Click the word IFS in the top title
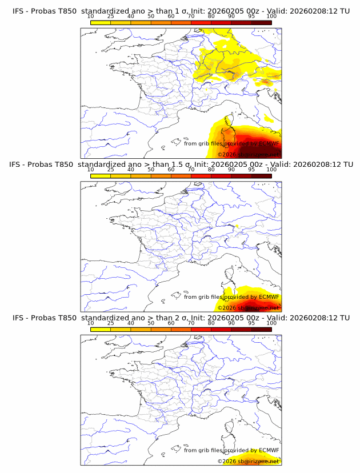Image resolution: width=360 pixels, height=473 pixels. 19,11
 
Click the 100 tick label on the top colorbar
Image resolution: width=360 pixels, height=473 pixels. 271,16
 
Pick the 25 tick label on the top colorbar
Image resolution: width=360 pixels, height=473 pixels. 111,16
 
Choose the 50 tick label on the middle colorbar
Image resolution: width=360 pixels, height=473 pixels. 151,169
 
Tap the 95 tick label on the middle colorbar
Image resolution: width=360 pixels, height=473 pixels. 251,169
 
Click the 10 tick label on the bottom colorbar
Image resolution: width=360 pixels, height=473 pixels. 91,323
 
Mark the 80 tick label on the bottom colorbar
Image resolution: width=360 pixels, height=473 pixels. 211,323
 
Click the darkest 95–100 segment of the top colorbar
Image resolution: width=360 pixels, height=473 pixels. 261,22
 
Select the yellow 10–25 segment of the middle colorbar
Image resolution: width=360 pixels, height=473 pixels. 101,175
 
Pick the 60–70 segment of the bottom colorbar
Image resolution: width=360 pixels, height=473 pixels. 181,329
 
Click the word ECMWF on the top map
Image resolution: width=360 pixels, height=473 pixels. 269,143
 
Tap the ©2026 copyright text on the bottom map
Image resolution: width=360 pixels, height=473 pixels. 227,461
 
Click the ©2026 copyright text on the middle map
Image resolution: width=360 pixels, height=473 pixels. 227,307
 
